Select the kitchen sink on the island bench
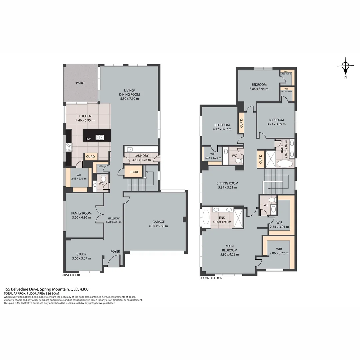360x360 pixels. pos(99,137)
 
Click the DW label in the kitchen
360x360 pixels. pos(88,139)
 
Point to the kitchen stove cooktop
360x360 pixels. pos(69,147)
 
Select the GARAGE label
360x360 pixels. pos(158,222)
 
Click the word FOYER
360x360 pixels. pos(115,251)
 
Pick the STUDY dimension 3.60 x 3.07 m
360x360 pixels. pos(81,258)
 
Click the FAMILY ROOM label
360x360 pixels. pos(81,213)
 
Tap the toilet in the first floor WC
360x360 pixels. pos(103,179)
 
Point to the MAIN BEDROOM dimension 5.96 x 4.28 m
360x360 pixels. pos(229,254)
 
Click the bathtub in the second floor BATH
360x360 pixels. pos(283,164)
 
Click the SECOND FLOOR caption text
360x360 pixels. pos(211,278)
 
